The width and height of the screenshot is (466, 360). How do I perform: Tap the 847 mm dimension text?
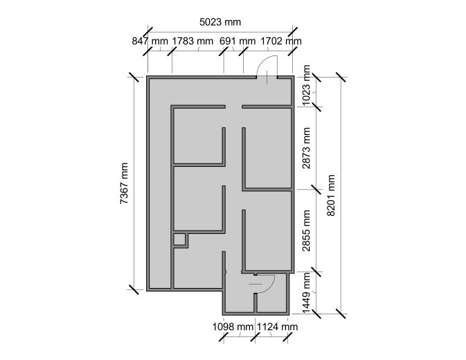click(150, 41)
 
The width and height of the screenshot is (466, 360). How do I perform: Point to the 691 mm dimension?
click(238, 41)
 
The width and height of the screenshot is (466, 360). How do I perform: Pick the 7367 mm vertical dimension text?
click(124, 183)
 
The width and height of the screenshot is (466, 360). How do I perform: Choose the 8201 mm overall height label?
click(331, 194)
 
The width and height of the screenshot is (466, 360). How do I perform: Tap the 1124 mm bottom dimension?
click(277, 326)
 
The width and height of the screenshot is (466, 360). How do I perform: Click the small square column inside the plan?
click(180, 240)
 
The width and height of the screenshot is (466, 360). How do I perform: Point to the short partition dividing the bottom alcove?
click(256, 303)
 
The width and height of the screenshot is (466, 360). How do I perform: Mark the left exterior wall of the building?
click(148, 183)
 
